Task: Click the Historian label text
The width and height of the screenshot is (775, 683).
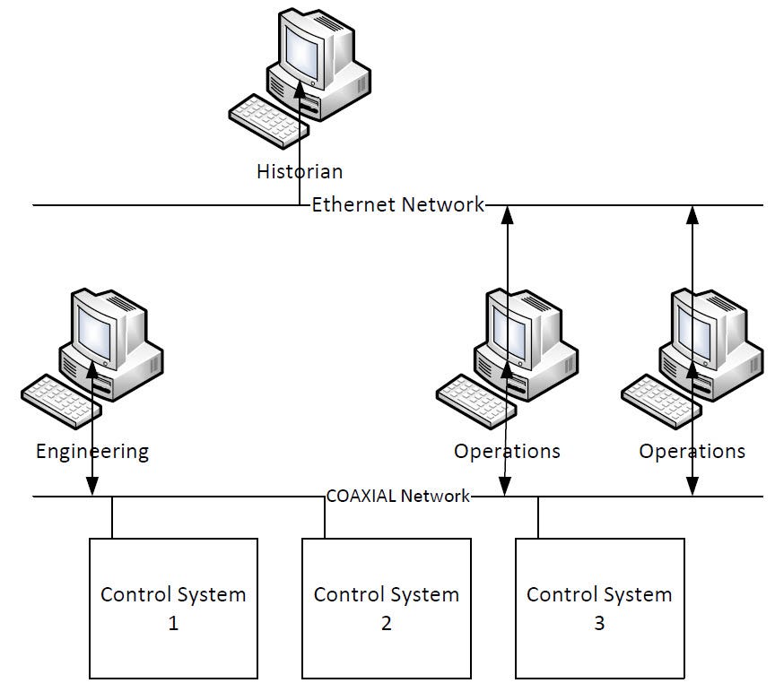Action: [300, 170]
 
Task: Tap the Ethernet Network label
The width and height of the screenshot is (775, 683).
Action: [397, 204]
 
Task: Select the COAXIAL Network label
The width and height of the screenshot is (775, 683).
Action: [397, 496]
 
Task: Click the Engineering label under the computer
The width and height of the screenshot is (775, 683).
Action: [92, 451]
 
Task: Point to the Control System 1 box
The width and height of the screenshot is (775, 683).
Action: [173, 608]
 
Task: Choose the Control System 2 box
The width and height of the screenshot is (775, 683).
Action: [386, 608]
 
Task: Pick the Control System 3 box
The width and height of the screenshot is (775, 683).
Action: [599, 608]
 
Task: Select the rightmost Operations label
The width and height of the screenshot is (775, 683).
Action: [692, 451]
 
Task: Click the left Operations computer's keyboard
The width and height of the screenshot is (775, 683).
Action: [476, 401]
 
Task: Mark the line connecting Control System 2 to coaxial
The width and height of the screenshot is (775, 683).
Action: [325, 517]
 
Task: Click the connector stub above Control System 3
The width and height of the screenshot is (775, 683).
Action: [537, 517]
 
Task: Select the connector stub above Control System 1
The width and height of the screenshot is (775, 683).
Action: [112, 517]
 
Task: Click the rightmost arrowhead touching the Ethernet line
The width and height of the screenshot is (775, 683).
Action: [692, 214]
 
